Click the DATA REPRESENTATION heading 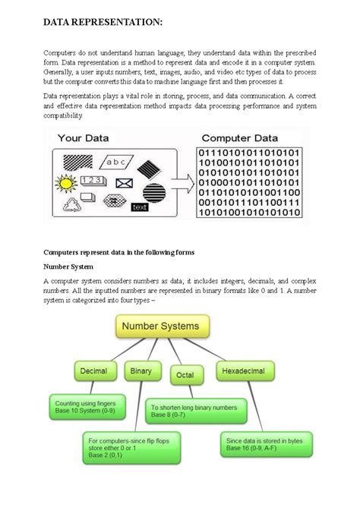[x=103, y=24]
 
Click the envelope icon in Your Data [x=123, y=183]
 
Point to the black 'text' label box [x=140, y=207]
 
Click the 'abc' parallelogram [x=116, y=162]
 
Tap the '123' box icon [x=93, y=180]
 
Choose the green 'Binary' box [x=141, y=371]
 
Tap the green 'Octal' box [x=185, y=374]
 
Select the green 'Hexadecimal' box [x=246, y=371]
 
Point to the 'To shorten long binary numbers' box [x=197, y=410]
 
